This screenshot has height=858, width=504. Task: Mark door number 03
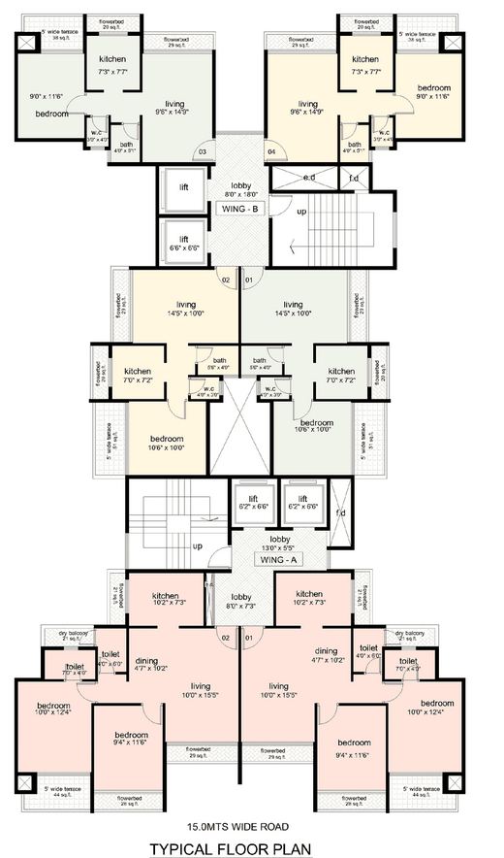pyautogui.click(x=203, y=151)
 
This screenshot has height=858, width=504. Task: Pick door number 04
pyautogui.click(x=271, y=152)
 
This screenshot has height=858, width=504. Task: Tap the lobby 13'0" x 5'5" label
pyautogui.click(x=280, y=543)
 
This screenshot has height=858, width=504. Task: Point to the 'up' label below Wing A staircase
pyautogui.click(x=197, y=545)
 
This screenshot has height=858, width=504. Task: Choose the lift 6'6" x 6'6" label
pyautogui.click(x=183, y=244)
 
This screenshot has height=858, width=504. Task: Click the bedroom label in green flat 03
pyautogui.click(x=51, y=114)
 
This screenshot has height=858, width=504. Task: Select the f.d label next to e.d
pyautogui.click(x=353, y=178)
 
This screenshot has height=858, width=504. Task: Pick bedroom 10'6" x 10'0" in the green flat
pyautogui.click(x=316, y=428)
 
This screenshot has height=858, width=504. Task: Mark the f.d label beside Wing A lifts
pyautogui.click(x=339, y=512)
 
